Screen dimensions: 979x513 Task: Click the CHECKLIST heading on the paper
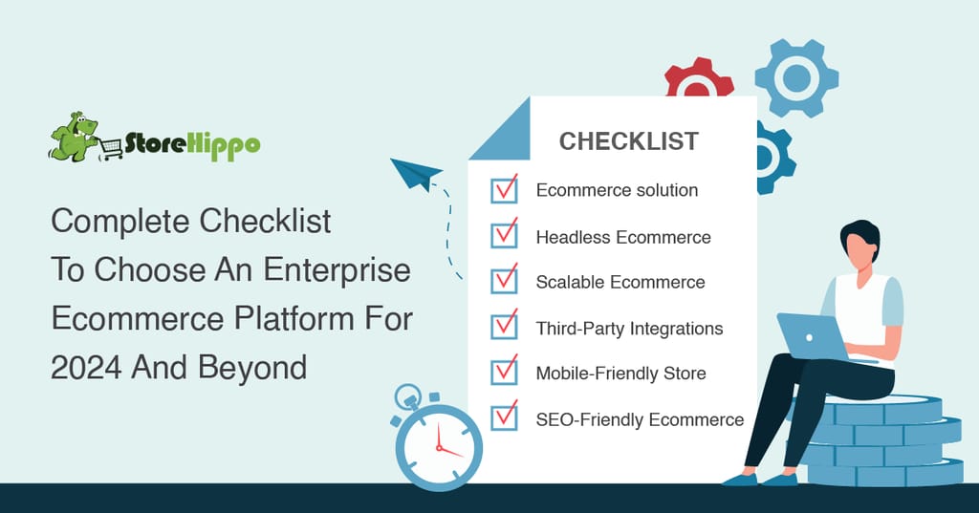(x=629, y=141)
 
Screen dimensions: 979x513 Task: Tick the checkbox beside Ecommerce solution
(x=504, y=190)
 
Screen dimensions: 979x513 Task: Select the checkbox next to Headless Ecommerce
(x=504, y=235)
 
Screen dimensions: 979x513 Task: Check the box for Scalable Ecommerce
(x=504, y=281)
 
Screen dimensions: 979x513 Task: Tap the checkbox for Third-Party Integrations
(x=504, y=327)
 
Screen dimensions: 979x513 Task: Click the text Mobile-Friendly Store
(x=621, y=374)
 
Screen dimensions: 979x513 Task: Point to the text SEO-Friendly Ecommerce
(x=640, y=419)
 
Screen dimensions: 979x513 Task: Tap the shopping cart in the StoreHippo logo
(x=111, y=148)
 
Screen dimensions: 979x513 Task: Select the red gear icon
(x=699, y=78)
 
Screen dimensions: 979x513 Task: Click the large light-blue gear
(x=796, y=78)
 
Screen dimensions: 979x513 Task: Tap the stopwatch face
(x=439, y=447)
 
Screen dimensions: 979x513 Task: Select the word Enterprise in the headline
(x=337, y=270)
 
